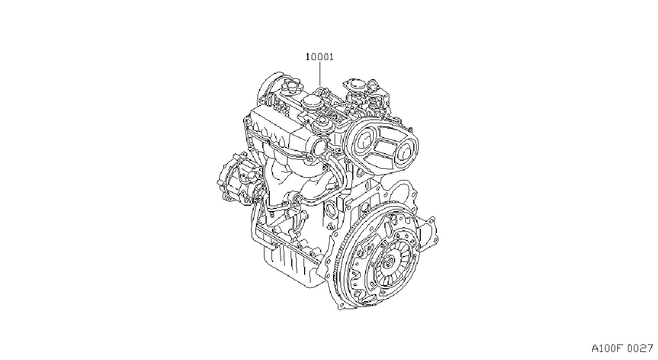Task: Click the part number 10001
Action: pyautogui.click(x=320, y=57)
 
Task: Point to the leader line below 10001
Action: pyautogui.click(x=320, y=74)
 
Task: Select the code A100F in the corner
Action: pyautogui.click(x=607, y=349)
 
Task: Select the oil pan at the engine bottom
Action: pyautogui.click(x=294, y=267)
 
